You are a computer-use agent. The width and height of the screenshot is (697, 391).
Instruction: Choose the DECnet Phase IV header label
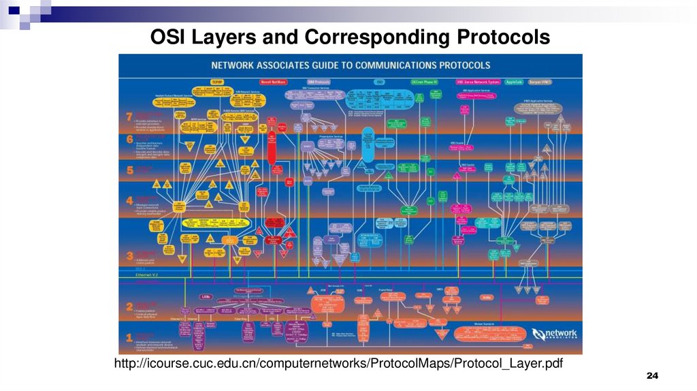click(x=425, y=81)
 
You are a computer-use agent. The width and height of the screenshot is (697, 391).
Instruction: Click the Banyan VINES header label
click(x=540, y=81)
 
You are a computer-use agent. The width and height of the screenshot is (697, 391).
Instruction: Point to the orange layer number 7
click(x=129, y=117)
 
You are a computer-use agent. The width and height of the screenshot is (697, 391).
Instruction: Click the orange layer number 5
click(x=129, y=169)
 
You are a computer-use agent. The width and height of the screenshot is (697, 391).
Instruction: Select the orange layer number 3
click(x=129, y=257)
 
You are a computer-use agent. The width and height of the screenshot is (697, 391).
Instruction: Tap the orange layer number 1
click(x=129, y=336)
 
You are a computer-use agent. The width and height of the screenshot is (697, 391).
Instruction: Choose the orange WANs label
click(x=486, y=297)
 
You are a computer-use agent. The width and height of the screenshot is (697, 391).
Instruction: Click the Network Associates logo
click(x=555, y=334)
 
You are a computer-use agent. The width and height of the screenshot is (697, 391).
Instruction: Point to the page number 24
click(x=653, y=377)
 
